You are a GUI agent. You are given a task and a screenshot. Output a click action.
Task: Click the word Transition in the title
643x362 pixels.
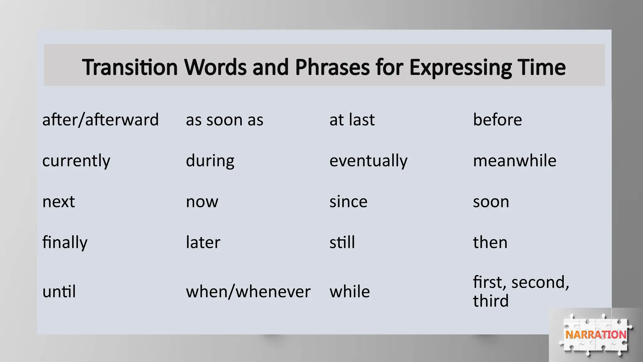(130, 67)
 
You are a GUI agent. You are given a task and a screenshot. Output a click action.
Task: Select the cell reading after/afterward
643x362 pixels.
(100, 120)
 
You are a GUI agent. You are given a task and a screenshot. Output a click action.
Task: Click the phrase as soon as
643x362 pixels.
(224, 120)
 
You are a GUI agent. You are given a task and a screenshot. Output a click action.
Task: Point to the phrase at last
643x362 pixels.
(352, 120)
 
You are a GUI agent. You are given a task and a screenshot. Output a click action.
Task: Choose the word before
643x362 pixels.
(497, 120)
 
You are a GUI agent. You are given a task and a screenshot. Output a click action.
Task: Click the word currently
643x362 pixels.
(76, 161)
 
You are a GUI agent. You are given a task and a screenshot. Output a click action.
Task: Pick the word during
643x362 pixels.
(210, 161)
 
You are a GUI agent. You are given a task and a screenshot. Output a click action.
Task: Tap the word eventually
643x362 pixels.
(368, 161)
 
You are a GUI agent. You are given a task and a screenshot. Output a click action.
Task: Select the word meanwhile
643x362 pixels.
(515, 161)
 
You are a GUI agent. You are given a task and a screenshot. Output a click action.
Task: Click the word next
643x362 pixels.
(59, 201)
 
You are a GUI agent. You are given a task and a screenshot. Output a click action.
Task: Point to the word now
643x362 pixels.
(202, 202)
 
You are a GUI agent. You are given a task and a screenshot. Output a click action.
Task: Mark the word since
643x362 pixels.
(348, 201)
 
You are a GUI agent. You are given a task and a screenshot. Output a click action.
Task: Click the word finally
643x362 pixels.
(65, 243)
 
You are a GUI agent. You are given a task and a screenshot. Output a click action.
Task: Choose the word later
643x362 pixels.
(203, 242)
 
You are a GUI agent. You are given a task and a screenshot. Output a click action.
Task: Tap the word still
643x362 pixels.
(342, 242)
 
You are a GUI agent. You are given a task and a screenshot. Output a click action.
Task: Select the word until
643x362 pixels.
(59, 291)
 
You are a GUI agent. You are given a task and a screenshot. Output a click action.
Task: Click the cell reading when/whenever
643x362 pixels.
(248, 292)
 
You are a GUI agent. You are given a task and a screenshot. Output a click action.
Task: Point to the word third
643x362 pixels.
(490, 301)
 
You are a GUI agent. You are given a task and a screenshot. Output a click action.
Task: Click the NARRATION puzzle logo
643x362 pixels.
(596, 335)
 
